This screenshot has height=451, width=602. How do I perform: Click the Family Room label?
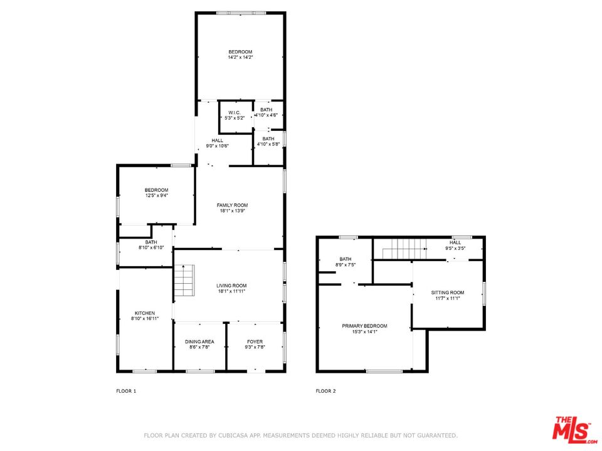[232, 205]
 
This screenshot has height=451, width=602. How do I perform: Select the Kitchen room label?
[144, 313]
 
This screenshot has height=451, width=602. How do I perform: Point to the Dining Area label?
[199, 341]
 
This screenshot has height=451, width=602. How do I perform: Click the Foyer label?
[255, 341]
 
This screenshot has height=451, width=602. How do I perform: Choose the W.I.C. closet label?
[235, 113]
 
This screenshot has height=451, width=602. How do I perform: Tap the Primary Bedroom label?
[364, 326]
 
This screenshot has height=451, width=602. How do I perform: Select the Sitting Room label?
[447, 293]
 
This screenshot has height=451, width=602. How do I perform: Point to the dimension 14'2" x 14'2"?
[240, 58]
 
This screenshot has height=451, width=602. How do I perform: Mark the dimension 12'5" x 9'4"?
[156, 195]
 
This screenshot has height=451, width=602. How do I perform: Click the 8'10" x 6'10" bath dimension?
[151, 248]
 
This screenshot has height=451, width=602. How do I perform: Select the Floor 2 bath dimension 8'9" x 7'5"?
[346, 265]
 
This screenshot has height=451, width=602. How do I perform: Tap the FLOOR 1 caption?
[126, 391]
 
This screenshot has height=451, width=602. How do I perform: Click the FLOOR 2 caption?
[325, 391]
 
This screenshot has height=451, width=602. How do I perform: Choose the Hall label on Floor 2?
[455, 242]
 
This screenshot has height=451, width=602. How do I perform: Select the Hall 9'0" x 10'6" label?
[218, 140]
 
